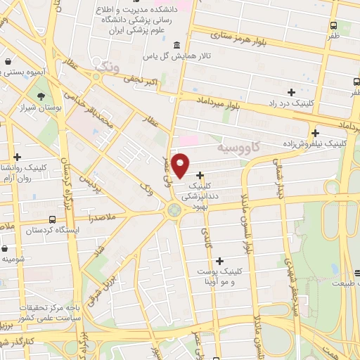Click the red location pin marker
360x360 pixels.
181,165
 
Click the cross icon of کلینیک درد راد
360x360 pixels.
291,92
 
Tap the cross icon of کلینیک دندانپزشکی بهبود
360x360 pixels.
200,175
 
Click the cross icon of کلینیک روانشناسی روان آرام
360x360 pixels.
18,157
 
